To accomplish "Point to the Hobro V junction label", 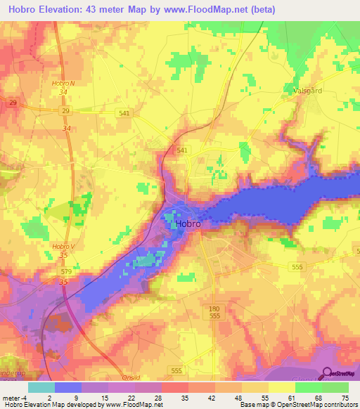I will click(x=63, y=246).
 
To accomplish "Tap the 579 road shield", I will click(x=67, y=271).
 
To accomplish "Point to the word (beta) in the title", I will click(x=259, y=10).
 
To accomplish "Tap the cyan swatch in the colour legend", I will click(x=41, y=387).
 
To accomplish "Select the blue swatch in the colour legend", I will click(x=68, y=387).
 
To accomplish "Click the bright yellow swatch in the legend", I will click(x=282, y=387).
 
